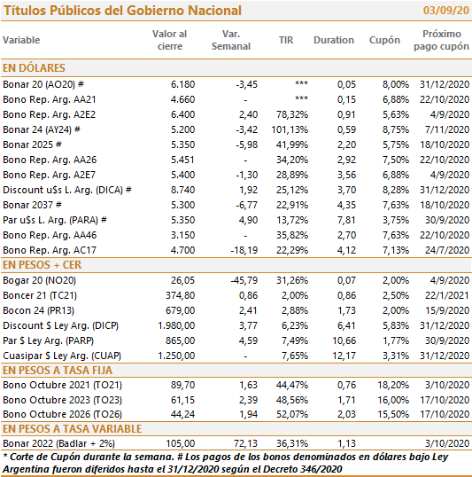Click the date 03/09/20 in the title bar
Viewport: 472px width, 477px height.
[x=445, y=11]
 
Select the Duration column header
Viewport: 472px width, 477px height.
[x=334, y=40]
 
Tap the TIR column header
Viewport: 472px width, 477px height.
[x=286, y=40]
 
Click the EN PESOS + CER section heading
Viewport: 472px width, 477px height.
[x=42, y=265]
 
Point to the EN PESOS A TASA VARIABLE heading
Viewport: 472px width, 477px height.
[x=72, y=428]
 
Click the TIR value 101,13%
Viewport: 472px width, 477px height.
[x=290, y=129]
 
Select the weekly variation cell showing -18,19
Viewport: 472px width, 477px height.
[x=244, y=250]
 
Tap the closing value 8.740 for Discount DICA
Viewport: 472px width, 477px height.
[x=182, y=190]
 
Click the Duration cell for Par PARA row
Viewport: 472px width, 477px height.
[x=346, y=220]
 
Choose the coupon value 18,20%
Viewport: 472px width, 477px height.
[x=393, y=385]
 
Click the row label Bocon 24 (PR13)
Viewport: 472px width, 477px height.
[x=38, y=310]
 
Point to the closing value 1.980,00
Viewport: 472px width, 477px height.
[x=176, y=325]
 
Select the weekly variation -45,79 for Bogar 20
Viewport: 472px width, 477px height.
[x=244, y=280]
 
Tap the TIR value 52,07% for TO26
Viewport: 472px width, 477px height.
[x=292, y=414]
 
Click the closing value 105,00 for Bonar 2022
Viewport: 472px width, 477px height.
[x=181, y=443]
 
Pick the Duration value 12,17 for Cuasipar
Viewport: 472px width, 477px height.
[x=344, y=356]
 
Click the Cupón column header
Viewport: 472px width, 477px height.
[x=384, y=40]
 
